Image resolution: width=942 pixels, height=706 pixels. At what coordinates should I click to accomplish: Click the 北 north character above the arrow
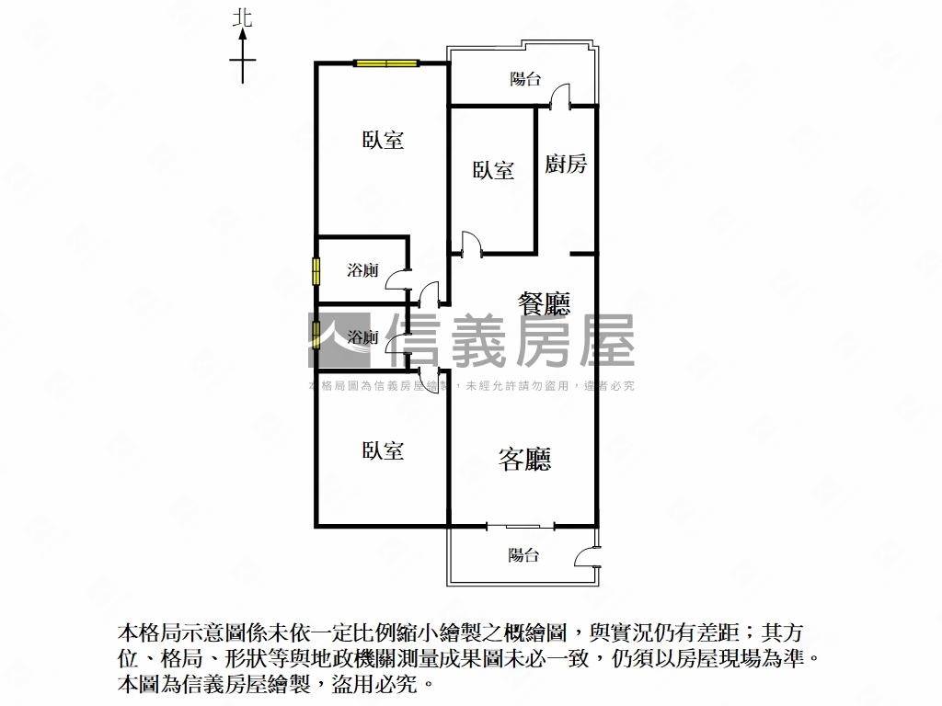tap(243, 18)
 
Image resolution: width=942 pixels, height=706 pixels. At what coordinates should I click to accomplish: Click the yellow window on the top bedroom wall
tap(385, 63)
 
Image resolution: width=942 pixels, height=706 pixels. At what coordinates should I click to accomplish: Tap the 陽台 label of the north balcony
tap(525, 79)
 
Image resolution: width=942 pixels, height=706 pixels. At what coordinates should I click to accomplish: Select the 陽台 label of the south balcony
tap(523, 554)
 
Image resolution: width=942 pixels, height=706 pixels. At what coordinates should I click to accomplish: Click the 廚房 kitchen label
tap(566, 164)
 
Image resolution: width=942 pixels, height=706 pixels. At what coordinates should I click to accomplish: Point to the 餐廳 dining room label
tap(545, 304)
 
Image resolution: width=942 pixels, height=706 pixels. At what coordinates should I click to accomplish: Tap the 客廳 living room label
tap(524, 460)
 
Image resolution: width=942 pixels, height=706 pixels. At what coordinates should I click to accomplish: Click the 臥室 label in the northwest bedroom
tap(383, 140)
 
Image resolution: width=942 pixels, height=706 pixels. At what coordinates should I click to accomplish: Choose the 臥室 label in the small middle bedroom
tap(493, 170)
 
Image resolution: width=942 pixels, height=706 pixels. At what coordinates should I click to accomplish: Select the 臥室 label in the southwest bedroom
tap(383, 450)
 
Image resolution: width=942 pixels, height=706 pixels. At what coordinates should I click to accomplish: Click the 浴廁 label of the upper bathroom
tap(362, 270)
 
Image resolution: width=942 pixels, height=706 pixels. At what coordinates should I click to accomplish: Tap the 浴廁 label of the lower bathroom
tap(362, 337)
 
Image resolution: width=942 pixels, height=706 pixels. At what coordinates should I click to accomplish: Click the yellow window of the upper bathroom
tap(316, 271)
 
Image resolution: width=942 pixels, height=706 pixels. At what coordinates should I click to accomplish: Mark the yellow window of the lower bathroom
tap(316, 336)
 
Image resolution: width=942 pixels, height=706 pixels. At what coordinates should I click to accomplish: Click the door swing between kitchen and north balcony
tap(560, 96)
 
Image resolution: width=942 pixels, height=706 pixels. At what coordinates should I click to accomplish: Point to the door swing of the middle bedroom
tap(471, 244)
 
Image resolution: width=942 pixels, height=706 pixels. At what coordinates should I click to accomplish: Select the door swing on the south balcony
tap(586, 556)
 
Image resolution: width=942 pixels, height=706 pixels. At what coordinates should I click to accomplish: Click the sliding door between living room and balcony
tap(521, 527)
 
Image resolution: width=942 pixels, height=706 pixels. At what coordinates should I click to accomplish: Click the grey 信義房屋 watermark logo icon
tap(339, 340)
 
